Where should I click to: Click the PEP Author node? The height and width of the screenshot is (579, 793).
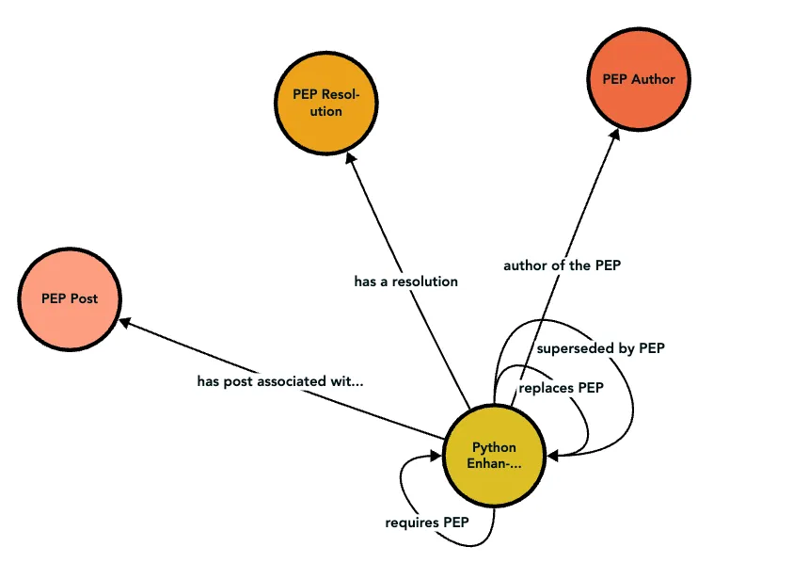point(639,80)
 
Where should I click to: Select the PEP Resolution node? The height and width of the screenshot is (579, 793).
point(326,103)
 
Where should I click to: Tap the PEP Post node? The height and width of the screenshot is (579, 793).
point(70,298)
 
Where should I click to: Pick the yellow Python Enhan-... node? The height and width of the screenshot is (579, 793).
point(494,455)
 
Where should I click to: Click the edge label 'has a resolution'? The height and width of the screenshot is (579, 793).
point(405,281)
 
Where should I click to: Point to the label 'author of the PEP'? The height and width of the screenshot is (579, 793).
point(562,265)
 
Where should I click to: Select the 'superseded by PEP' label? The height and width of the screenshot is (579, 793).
point(600,348)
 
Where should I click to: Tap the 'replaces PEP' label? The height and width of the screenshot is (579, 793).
point(561,387)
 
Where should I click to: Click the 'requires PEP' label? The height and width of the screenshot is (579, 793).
point(426,523)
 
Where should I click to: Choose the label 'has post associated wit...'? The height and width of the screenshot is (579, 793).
point(279,381)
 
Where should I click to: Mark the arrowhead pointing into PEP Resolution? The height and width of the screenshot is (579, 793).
point(351,160)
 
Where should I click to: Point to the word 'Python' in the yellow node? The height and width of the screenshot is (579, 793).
point(494,447)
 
